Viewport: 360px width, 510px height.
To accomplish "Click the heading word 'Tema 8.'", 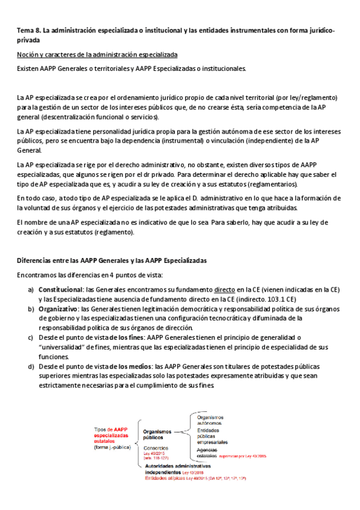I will click(28, 31).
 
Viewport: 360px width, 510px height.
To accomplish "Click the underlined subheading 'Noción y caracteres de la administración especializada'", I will click(97, 55).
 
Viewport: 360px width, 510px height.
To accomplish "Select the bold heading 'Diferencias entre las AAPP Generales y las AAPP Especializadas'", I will click(112, 261).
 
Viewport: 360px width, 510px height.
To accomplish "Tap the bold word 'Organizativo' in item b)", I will click(57, 309).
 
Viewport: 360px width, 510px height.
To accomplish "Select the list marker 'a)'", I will click(31, 289).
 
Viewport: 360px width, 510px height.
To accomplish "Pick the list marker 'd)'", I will click(31, 366).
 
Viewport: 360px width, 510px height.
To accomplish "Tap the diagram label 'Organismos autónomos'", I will click(210, 420).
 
